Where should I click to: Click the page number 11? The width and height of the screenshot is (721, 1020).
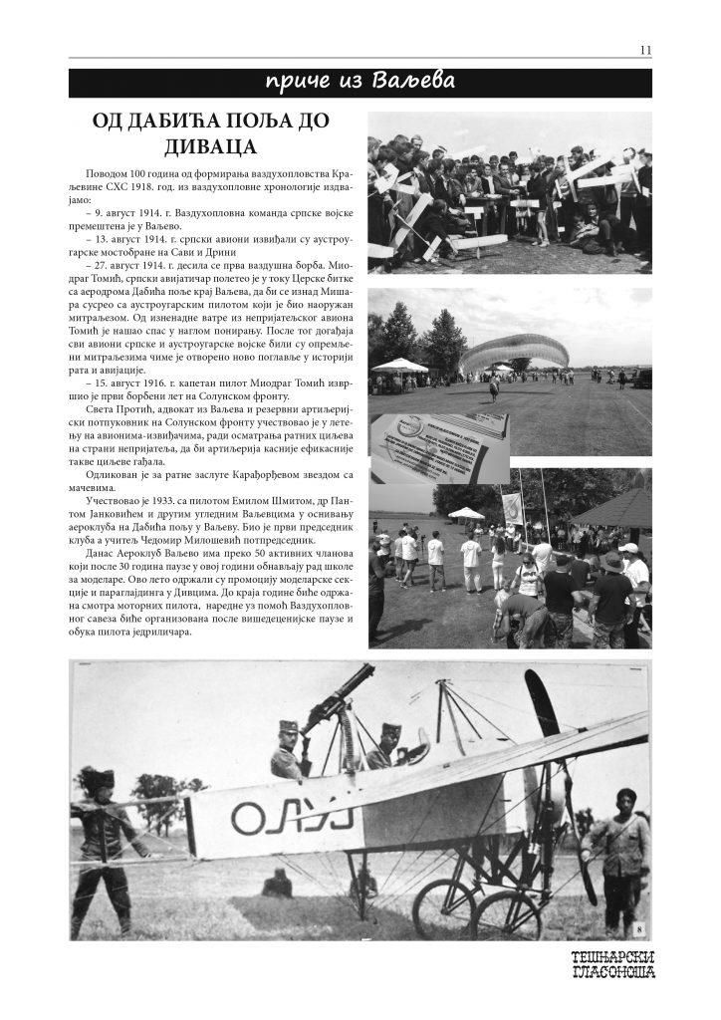pos(645,50)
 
